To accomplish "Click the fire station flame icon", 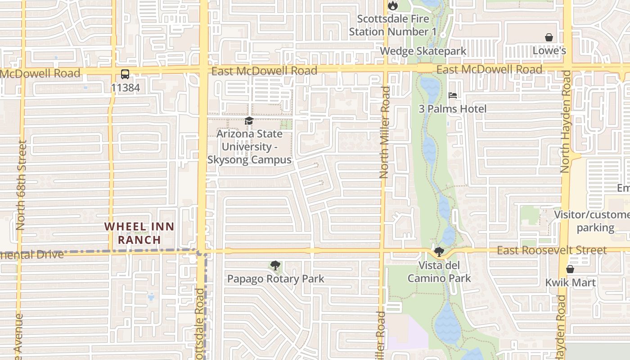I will click(x=393, y=5).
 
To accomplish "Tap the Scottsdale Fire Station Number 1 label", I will click(x=393, y=26).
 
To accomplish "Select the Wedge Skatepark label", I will click(x=423, y=51).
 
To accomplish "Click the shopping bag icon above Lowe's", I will click(x=549, y=37).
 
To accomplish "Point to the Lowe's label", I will click(x=549, y=51).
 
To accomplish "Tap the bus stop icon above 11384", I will click(x=125, y=74).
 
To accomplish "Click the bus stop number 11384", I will click(x=125, y=88).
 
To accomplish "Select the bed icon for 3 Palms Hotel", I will click(x=453, y=95).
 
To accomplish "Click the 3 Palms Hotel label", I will click(x=453, y=109).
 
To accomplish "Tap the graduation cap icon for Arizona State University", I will click(x=249, y=121).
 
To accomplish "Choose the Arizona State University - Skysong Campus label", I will click(x=249, y=147).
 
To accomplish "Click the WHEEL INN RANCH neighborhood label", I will click(x=139, y=233).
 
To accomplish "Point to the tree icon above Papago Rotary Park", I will click(x=275, y=265).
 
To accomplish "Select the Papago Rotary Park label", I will click(x=275, y=279).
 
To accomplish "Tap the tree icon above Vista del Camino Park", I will click(x=439, y=252).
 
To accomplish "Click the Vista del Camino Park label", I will click(x=439, y=272).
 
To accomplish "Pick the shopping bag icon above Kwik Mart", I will click(x=570, y=269).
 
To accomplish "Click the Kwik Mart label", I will click(x=570, y=283).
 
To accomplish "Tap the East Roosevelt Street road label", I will click(x=552, y=250).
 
